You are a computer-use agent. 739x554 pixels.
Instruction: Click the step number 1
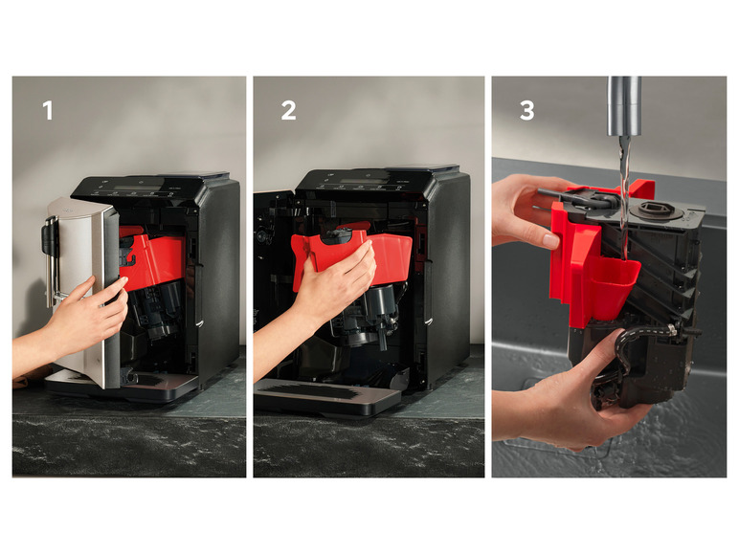pyautogui.click(x=48, y=111)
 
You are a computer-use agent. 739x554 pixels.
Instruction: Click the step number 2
pyautogui.click(x=288, y=111)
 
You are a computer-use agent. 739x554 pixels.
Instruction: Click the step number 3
pyautogui.click(x=526, y=111)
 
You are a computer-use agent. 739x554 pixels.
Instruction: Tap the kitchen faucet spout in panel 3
pyautogui.click(x=624, y=106)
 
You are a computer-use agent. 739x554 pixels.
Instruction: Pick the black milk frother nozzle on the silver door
pyautogui.click(x=48, y=239)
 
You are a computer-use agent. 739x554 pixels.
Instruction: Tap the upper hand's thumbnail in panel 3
pyautogui.click(x=549, y=240)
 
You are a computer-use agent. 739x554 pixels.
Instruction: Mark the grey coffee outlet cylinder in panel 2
pyautogui.click(x=382, y=301)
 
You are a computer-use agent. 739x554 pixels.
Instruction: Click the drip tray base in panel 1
pyautogui.click(x=123, y=388)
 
